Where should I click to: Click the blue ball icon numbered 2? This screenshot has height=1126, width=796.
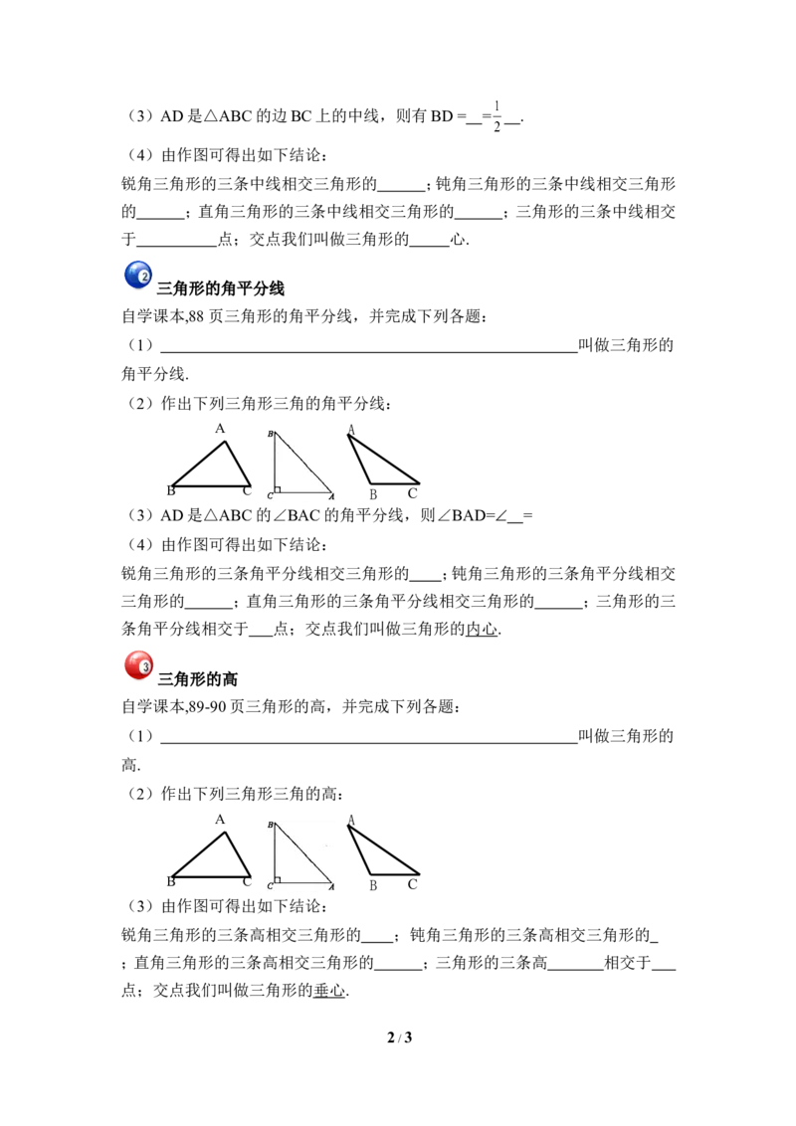pos(138,276)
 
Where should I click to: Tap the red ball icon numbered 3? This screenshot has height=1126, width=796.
pos(138,665)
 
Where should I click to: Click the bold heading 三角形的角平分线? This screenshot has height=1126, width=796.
pos(221,288)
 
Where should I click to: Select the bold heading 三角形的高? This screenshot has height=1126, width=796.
pos(198,679)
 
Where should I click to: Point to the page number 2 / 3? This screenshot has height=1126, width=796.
pos(399,1036)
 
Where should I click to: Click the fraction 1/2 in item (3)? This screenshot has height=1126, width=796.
pos(497,116)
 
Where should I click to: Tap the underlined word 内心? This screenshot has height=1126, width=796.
pos(482,629)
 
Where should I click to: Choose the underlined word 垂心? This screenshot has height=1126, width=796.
pos(329,991)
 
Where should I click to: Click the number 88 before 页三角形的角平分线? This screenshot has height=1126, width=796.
pos(196,316)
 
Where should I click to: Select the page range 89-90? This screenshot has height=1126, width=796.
pos(207,707)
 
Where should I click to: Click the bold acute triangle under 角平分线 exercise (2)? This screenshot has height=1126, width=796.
pos(211,464)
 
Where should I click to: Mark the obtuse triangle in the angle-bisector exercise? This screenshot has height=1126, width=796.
pos(384,460)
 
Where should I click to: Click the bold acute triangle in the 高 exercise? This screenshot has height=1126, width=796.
pos(211,854)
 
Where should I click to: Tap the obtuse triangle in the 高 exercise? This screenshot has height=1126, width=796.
pos(384,850)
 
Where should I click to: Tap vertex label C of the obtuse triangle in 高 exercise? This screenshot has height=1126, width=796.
pos(412,884)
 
